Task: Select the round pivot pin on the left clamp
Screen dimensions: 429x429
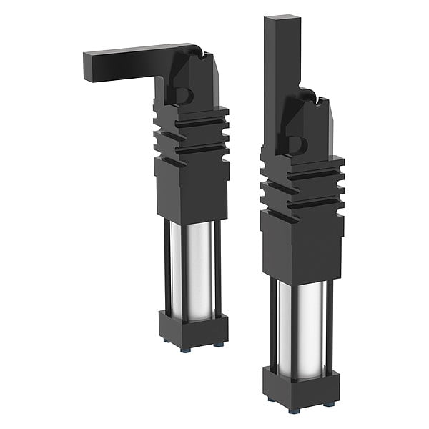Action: click(182, 95)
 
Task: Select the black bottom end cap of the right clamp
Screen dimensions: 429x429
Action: click(300, 387)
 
